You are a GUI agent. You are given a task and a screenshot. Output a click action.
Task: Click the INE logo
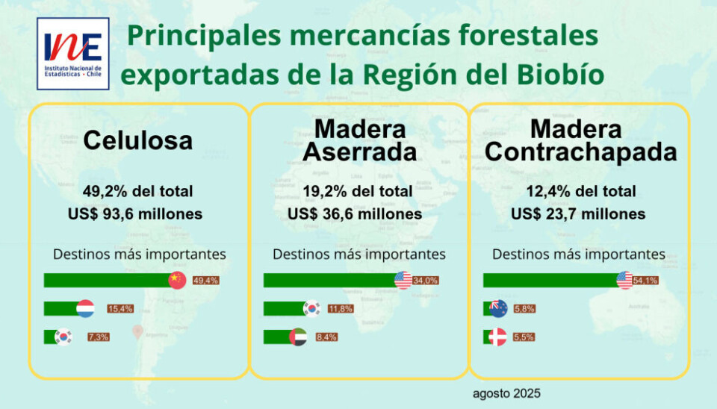(x=72, y=53)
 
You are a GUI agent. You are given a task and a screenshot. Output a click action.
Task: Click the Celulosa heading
(x=137, y=140)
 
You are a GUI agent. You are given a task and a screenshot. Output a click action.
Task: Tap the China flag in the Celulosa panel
(x=176, y=280)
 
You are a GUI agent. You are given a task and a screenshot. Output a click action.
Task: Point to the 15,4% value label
(x=120, y=308)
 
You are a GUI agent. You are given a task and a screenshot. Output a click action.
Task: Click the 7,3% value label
(x=99, y=337)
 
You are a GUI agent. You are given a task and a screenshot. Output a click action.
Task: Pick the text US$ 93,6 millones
(x=135, y=214)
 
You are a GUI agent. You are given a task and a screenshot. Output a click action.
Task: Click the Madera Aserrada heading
(x=358, y=140)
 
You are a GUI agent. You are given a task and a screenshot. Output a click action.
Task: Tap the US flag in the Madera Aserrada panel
(x=403, y=280)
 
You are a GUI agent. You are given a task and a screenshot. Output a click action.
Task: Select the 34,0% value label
(x=426, y=281)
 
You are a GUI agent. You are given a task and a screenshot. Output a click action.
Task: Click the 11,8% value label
(x=341, y=308)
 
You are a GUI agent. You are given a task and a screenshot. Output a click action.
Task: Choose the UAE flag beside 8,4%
(x=297, y=337)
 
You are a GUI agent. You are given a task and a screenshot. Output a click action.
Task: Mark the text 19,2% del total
(x=358, y=191)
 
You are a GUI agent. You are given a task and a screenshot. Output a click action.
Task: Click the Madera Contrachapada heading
(x=580, y=140)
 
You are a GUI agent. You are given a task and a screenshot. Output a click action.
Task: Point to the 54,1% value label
(x=645, y=281)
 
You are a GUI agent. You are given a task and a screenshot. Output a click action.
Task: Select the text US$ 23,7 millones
(x=578, y=214)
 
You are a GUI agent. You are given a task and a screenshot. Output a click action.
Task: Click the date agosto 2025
(x=506, y=393)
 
